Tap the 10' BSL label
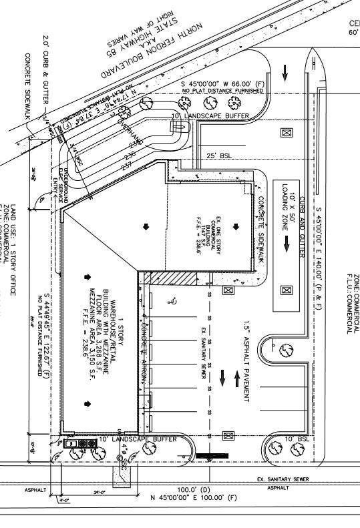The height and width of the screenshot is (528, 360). tap(297, 439)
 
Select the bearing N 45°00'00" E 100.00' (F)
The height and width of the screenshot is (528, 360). tap(194, 497)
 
